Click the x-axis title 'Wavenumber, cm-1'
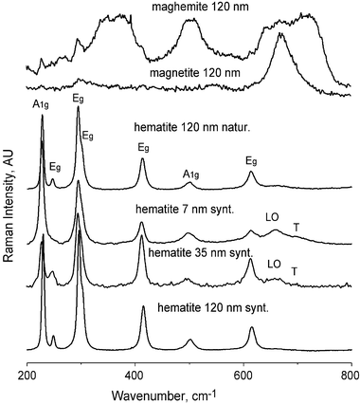click(x=189, y=391)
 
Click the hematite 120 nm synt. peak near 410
click(x=143, y=306)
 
